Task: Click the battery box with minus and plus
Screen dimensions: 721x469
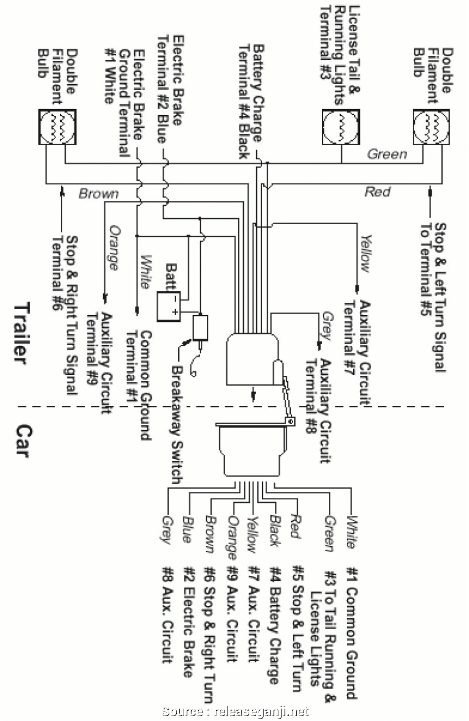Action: pyautogui.click(x=168, y=306)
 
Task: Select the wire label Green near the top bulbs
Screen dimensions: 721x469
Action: pyautogui.click(x=387, y=154)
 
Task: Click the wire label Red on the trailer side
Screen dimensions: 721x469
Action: pyautogui.click(x=378, y=191)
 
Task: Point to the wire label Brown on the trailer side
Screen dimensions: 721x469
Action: pyautogui.click(x=99, y=193)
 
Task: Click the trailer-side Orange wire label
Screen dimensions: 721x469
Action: pyautogui.click(x=114, y=247)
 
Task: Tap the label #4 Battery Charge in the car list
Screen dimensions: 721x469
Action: pyautogui.click(x=274, y=625)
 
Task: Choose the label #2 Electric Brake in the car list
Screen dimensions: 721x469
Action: pyautogui.click(x=188, y=622)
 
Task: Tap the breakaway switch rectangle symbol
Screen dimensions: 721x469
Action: pyautogui.click(x=200, y=327)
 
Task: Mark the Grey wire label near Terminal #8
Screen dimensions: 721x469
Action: pyautogui.click(x=326, y=325)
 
